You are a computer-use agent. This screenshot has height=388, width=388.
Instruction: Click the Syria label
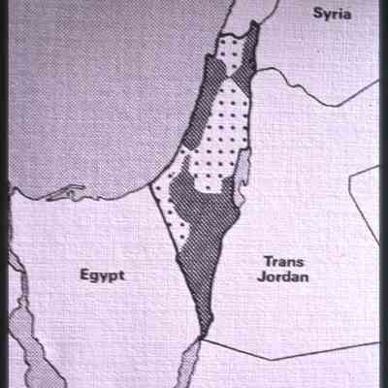(x=333, y=14)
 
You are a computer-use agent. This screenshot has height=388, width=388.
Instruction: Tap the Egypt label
(x=103, y=275)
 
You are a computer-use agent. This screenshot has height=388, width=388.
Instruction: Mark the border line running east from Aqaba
(x=291, y=348)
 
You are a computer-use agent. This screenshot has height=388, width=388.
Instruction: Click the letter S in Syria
(x=317, y=14)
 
